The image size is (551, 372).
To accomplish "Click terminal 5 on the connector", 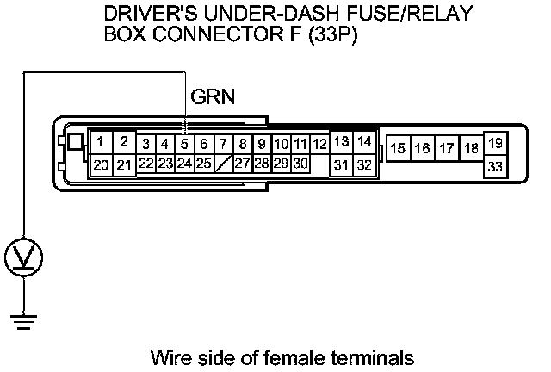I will (184, 144).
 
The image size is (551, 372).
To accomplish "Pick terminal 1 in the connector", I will (102, 141).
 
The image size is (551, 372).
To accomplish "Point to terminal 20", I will (102, 164).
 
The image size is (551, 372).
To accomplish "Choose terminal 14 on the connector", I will (364, 141).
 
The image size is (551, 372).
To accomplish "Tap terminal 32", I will (364, 164).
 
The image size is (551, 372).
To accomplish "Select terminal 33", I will (495, 166).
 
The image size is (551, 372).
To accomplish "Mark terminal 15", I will (398, 148).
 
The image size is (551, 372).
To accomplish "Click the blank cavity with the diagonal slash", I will (223, 163).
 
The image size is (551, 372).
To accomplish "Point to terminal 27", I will (243, 163).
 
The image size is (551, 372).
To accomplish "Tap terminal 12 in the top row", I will (319, 144).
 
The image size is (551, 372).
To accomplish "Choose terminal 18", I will (470, 148).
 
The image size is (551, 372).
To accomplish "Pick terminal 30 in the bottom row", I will (300, 163).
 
